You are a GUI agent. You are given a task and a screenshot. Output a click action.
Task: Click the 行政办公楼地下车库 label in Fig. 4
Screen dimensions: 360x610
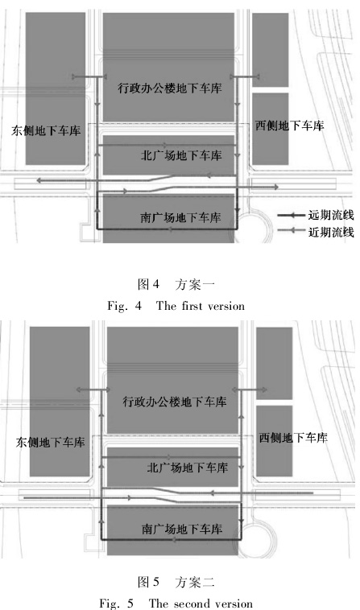(x=170, y=88)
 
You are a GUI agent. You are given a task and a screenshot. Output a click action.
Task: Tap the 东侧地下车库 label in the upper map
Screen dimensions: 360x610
(x=46, y=130)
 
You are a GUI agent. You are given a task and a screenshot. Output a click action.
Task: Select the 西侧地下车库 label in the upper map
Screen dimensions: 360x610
(x=290, y=126)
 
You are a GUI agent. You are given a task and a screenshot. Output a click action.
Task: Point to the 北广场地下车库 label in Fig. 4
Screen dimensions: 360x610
(x=181, y=155)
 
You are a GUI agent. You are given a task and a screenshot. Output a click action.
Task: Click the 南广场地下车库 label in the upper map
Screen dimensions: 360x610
(x=180, y=217)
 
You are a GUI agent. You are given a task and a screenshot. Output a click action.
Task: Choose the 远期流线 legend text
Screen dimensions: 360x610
(x=331, y=215)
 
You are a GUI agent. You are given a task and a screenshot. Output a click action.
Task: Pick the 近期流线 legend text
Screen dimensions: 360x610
(x=331, y=232)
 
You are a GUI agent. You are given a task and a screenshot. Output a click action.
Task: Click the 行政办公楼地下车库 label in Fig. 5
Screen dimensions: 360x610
(x=174, y=401)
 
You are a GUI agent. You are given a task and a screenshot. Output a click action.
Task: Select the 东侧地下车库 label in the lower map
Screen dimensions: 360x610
(x=50, y=443)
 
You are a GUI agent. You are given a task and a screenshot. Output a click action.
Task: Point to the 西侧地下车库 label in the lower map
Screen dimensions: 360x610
(x=293, y=438)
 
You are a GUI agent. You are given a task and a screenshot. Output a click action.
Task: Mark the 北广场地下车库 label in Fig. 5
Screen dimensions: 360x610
(x=187, y=468)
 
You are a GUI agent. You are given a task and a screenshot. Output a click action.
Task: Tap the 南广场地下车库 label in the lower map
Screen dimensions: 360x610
(x=182, y=529)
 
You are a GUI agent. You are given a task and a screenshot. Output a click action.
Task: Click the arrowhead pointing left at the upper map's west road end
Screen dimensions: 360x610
(x=39, y=180)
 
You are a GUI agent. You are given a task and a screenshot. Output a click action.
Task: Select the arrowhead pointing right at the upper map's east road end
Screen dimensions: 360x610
(x=276, y=188)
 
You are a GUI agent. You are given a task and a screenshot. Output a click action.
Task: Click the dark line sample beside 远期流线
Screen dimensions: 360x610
(x=291, y=215)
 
